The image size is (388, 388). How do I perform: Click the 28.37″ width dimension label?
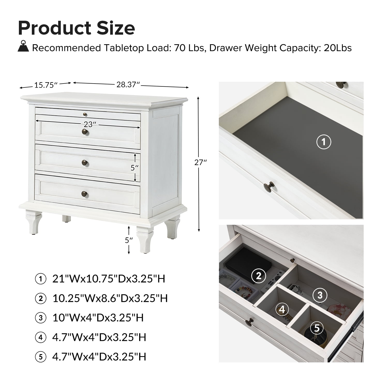(x=128, y=84)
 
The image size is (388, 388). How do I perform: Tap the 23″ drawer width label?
(x=88, y=124)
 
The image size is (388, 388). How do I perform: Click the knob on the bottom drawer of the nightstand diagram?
(x=84, y=193)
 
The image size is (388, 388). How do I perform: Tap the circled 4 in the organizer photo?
(x=282, y=309)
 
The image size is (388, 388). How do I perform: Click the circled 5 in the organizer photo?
(x=317, y=328)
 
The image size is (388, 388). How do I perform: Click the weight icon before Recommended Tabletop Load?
(x=23, y=46)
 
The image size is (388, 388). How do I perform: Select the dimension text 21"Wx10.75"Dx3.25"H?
(x=109, y=279)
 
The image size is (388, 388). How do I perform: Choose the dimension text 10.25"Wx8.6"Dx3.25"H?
(x=110, y=298)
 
